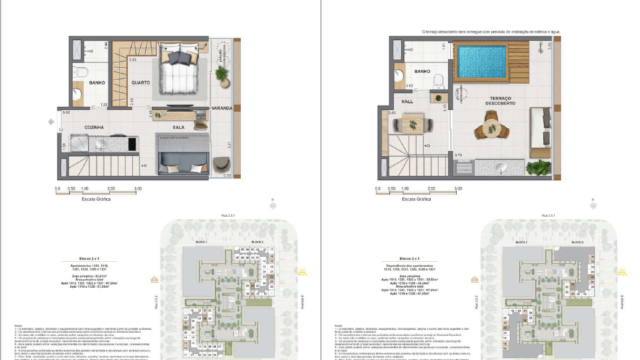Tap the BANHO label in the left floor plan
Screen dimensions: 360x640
coord(97,82)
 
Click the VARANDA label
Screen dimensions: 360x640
coord(222,106)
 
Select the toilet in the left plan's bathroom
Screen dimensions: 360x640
coord(79,96)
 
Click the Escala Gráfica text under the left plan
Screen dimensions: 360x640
coord(103,199)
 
